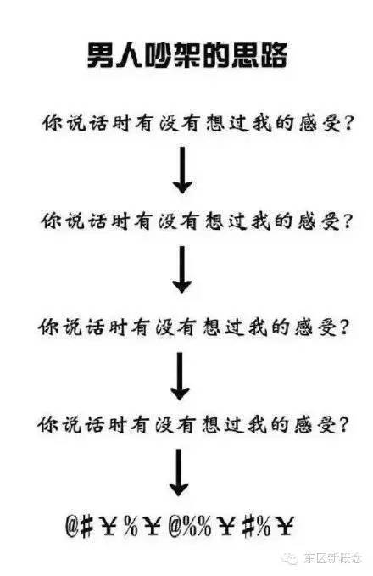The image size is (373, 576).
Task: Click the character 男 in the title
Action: coord(101,56)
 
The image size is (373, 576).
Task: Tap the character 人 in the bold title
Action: coord(129,56)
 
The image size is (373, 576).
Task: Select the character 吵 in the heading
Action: coord(158,56)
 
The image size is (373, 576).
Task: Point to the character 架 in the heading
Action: coord(186,56)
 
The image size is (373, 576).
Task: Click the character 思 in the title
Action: coord(244,56)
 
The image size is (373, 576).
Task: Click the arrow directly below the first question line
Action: coord(182,170)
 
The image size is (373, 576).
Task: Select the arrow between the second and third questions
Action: coord(181,269)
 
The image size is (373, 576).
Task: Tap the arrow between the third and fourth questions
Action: coord(180,376)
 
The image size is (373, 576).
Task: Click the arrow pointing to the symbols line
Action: coord(179,473)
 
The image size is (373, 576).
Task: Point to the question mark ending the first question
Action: coord(347,124)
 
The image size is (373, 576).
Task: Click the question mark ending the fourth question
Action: coord(342,425)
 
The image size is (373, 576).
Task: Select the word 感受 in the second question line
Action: coord(318,221)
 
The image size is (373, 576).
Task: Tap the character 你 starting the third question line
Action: coord(49,327)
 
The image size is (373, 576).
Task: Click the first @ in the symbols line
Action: coord(72,526)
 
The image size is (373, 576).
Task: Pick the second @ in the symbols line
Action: coord(175,526)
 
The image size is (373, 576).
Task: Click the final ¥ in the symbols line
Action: coord(284,526)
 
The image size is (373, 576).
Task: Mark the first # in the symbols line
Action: coord(86,527)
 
